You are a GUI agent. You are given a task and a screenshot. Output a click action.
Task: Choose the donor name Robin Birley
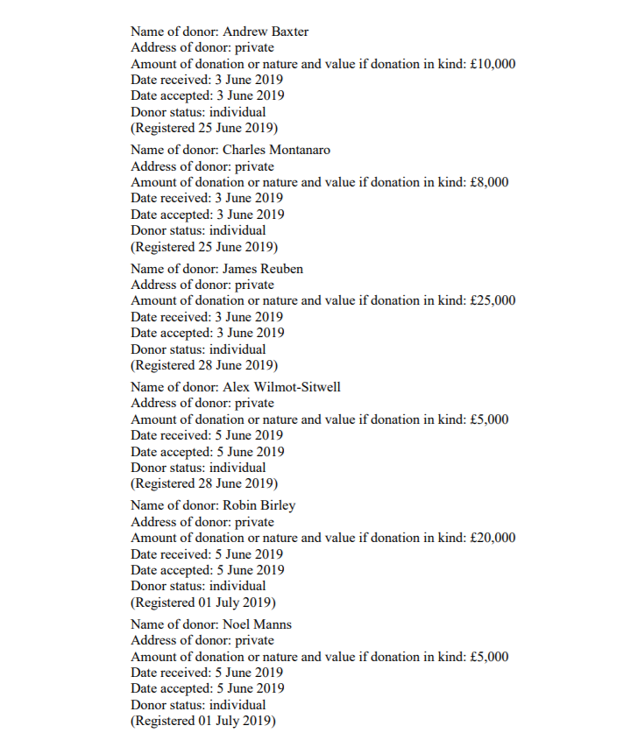(259, 505)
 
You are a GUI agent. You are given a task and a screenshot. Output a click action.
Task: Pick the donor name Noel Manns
(258, 624)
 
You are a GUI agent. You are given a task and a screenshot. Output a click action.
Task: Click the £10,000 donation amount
(492, 64)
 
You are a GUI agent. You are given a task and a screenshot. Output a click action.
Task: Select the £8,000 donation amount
(489, 182)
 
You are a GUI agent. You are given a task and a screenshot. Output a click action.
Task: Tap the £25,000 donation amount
(492, 300)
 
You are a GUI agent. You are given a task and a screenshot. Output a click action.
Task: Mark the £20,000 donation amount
(492, 538)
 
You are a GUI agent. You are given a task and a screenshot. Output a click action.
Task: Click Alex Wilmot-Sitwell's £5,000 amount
(489, 419)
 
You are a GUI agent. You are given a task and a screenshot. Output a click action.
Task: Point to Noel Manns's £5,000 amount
(489, 657)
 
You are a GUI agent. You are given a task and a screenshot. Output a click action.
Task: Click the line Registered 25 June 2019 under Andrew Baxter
(204, 128)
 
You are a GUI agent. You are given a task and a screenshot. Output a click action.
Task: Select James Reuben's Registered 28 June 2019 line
(204, 364)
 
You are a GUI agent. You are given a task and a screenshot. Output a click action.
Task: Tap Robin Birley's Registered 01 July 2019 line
(203, 602)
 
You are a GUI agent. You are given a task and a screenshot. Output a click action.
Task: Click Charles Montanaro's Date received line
(207, 198)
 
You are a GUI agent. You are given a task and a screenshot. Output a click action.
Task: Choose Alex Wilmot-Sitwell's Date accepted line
(208, 452)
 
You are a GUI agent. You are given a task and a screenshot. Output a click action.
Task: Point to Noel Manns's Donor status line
(198, 704)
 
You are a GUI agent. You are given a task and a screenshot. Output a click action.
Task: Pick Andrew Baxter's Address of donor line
(202, 47)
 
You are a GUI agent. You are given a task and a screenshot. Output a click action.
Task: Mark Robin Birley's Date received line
(207, 553)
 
